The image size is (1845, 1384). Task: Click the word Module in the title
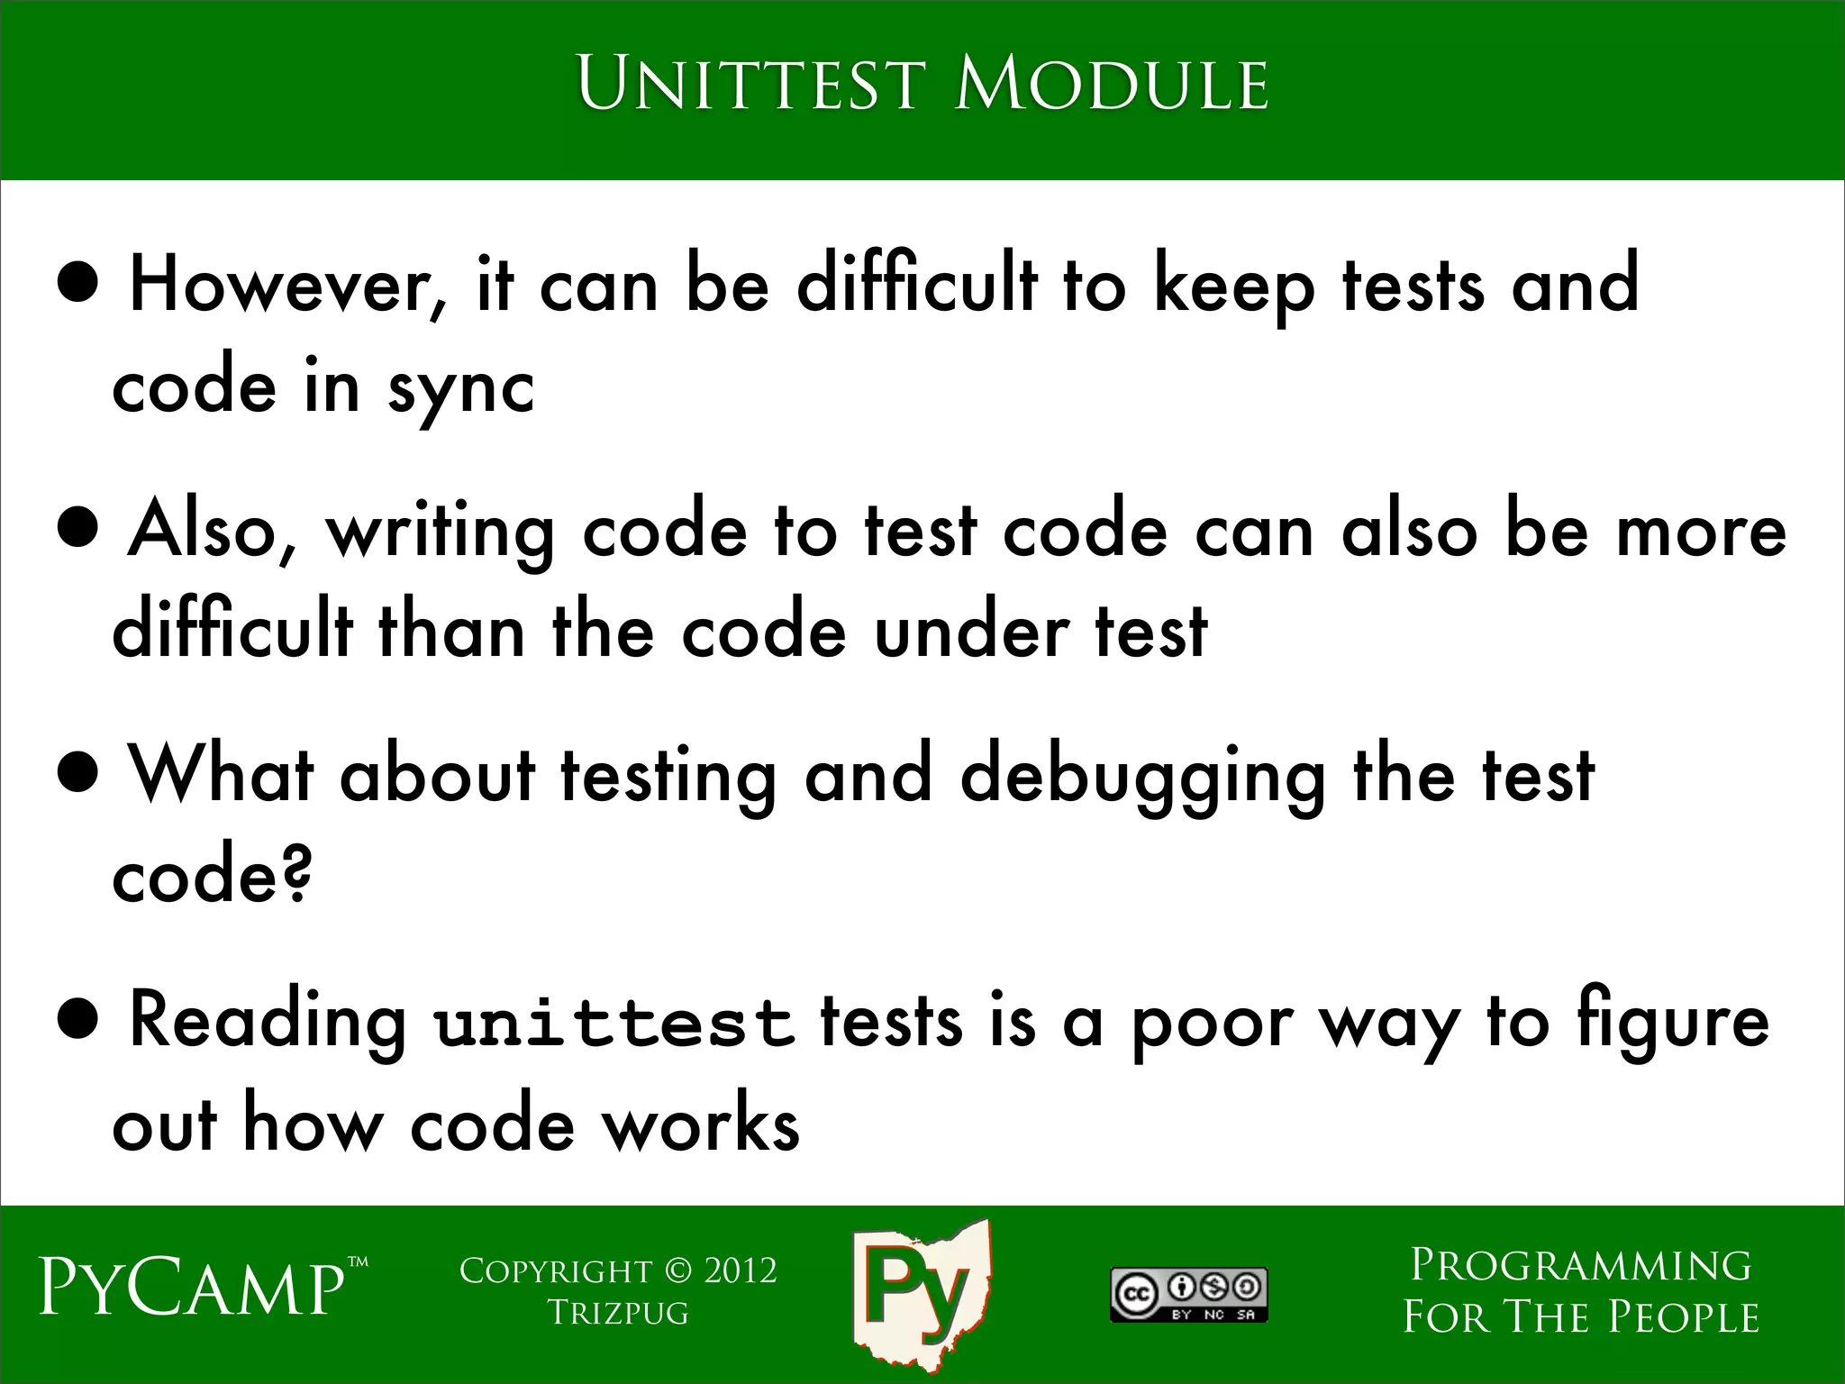click(x=1112, y=85)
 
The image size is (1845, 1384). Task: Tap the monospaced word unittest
click(x=613, y=1024)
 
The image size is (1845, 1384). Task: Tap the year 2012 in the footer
click(x=740, y=1270)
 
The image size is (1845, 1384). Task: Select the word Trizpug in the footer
click(x=618, y=1313)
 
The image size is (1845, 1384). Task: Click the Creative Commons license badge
click(x=1188, y=1295)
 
